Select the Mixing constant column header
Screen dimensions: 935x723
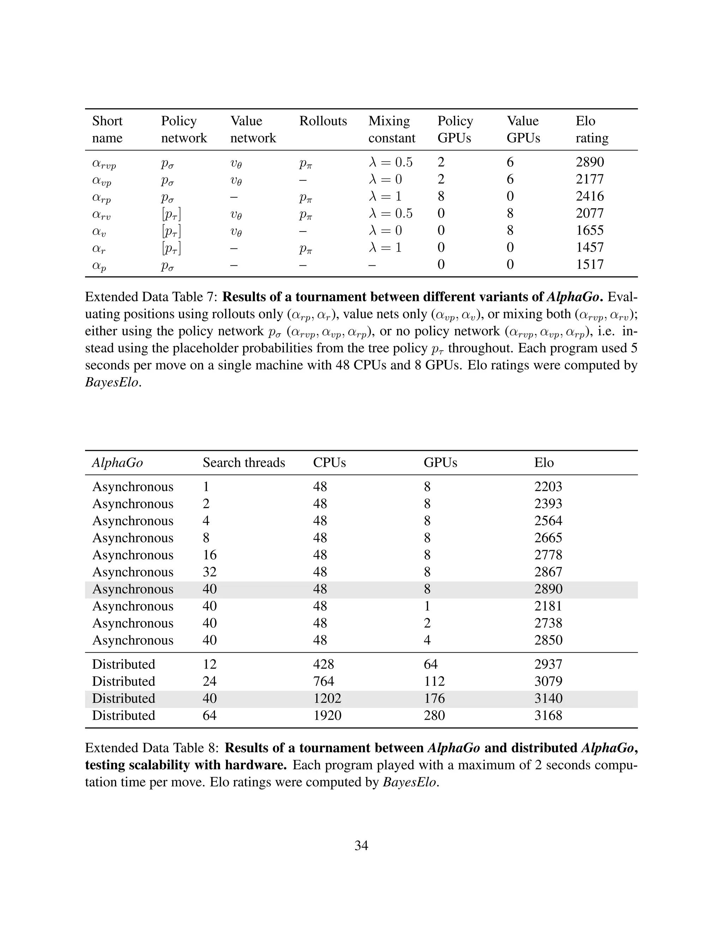click(x=392, y=129)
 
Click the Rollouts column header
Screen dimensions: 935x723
click(x=323, y=121)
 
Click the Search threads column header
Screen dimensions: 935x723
click(x=244, y=463)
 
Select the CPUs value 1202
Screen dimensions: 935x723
click(x=327, y=698)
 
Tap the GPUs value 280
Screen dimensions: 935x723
click(x=434, y=716)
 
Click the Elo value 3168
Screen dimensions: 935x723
click(x=548, y=716)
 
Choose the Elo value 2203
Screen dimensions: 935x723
click(x=548, y=487)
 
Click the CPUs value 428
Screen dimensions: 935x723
click(x=323, y=664)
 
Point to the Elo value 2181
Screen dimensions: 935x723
click(x=548, y=606)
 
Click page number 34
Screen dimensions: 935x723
click(x=361, y=845)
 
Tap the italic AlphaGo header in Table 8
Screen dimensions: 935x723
click(x=117, y=463)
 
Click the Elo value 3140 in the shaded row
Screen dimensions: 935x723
click(x=548, y=698)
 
